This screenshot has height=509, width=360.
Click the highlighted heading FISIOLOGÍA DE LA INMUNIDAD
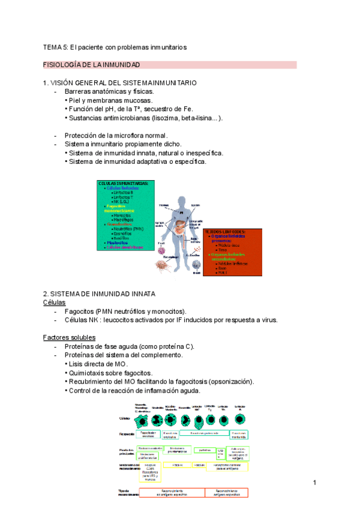(91, 64)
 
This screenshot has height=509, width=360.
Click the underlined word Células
(54, 303)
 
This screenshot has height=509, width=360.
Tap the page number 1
(314, 483)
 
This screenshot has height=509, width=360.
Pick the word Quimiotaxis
(88, 373)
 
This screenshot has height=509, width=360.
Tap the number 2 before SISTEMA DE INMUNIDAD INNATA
(45, 294)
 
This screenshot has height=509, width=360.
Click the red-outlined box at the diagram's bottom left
(171, 492)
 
